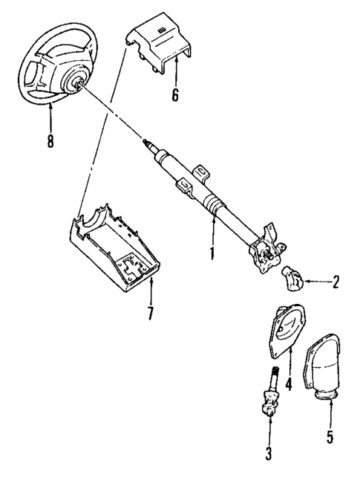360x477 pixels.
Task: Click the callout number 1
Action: (x=212, y=253)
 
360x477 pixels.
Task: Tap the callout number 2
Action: (x=336, y=282)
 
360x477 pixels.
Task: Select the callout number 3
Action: (x=269, y=452)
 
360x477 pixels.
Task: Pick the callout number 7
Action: (x=151, y=313)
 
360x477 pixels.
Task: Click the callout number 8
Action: (x=50, y=141)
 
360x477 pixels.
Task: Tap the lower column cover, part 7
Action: (x=119, y=249)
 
